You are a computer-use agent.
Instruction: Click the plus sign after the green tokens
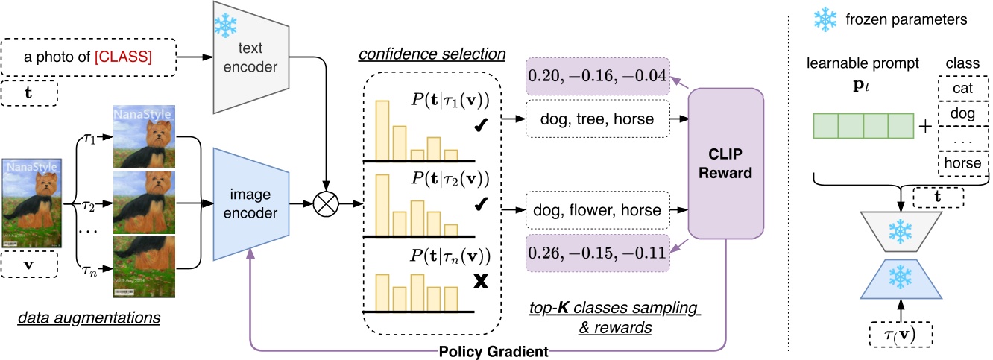(926, 125)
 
